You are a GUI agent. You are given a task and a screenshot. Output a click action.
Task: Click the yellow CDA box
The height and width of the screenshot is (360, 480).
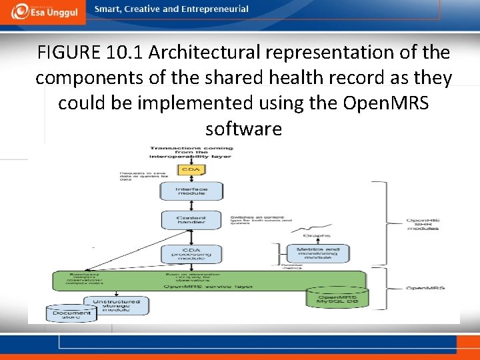tap(191, 169)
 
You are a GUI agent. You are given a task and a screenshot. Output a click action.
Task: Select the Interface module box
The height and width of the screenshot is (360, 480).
tap(191, 191)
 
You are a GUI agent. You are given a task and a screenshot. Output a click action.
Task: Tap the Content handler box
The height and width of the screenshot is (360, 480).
tap(191, 221)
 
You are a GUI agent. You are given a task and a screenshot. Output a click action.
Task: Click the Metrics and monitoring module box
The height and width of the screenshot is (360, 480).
tap(313, 253)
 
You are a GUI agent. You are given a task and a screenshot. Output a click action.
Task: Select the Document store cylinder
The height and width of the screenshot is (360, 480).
tap(67, 313)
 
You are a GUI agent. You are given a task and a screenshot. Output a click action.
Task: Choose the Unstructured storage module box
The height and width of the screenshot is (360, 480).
tap(116, 305)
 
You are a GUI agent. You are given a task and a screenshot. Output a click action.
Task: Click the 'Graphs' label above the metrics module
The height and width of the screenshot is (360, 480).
tap(313, 235)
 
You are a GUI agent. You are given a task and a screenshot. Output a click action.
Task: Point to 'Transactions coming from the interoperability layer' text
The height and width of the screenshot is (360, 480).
tap(191, 152)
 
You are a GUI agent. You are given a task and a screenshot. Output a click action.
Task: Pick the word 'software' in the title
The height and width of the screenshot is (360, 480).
tap(244, 128)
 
